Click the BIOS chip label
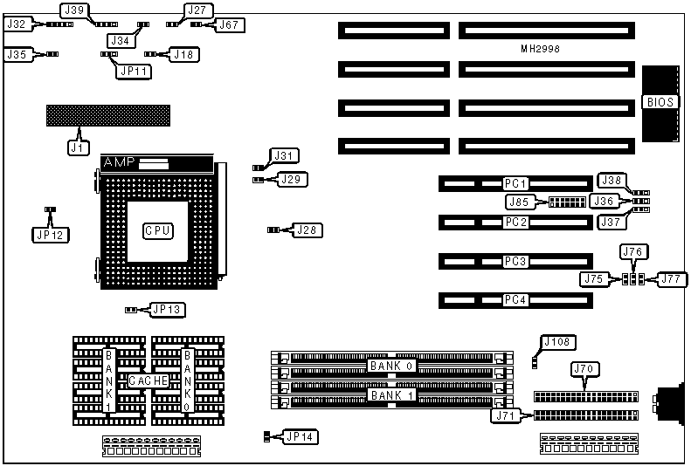point(660,102)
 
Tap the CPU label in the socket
point(158,230)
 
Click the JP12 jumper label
point(50,234)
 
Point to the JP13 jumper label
point(166,309)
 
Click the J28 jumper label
point(306,230)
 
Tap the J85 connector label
point(519,202)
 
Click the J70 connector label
point(584,370)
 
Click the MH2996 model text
point(535,49)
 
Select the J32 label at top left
point(17,24)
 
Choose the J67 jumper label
point(229,24)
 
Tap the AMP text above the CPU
point(120,163)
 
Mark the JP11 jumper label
point(134,71)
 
